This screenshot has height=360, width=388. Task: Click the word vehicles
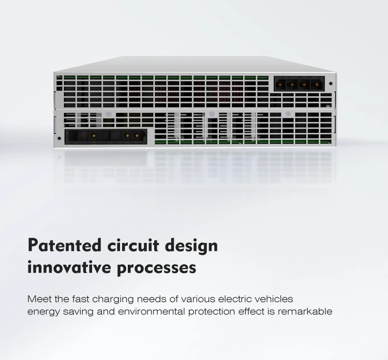274,299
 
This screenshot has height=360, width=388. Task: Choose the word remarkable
305,311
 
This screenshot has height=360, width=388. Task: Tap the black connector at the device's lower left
106,136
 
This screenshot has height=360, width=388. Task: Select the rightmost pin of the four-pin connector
316,84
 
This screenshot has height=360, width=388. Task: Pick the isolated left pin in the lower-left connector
94,136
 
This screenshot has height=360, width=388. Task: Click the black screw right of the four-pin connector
331,83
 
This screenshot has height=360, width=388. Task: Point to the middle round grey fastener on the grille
212,114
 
